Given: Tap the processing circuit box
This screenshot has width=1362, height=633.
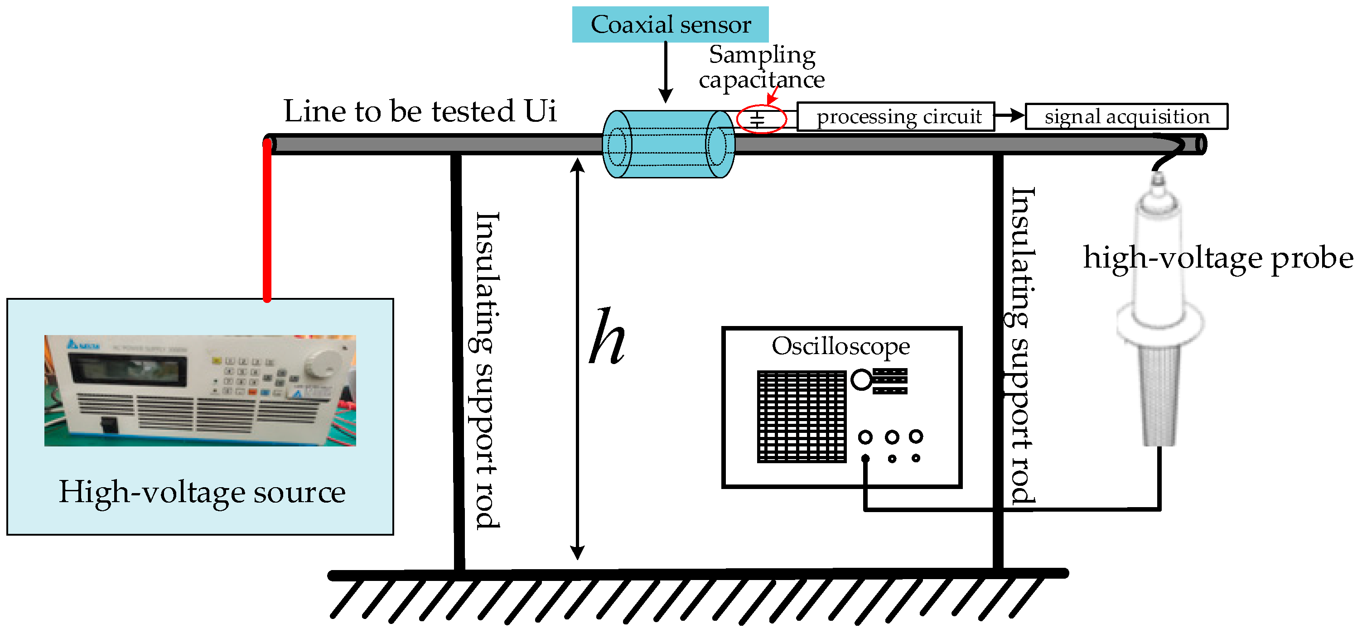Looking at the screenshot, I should coord(895,116).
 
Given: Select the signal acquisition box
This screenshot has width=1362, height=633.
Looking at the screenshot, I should coord(1126,116).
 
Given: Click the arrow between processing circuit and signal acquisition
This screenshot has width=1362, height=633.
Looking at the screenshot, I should coord(1009,115).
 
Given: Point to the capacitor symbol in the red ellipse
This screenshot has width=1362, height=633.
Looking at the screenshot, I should coord(758,120).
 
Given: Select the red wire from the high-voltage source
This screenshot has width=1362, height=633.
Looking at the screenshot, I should coord(267,222).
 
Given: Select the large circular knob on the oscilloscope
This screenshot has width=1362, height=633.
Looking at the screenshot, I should coord(861,380).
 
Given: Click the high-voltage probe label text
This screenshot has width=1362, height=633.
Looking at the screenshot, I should coord(1217,259).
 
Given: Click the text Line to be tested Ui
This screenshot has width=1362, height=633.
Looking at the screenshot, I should coord(420,111).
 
